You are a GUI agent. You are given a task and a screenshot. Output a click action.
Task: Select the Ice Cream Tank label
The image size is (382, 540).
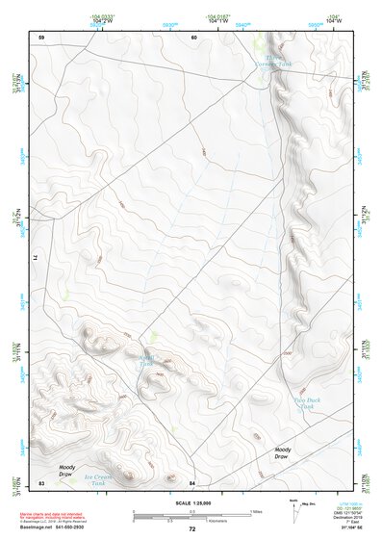click(99, 476)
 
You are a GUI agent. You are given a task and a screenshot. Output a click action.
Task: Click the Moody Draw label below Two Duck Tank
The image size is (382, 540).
click(282, 451)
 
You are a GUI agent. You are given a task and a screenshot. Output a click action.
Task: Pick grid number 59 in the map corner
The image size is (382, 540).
click(41, 37)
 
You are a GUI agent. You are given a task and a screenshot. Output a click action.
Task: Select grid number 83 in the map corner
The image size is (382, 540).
click(41, 481)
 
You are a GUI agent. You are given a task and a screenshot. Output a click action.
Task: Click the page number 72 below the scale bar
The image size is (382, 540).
click(191, 529)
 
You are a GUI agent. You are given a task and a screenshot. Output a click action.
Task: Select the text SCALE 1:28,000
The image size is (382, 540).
click(191, 502)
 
